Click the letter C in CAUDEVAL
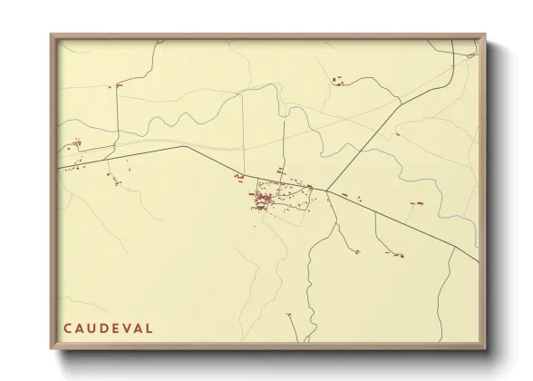[x=67, y=327]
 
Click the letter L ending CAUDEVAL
[x=150, y=327]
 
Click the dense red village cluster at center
[x=265, y=199]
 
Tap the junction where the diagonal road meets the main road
[x=327, y=190]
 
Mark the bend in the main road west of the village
[x=184, y=146]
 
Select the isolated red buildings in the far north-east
[x=337, y=81]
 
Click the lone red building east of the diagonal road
[x=397, y=134]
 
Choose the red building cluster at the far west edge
[x=76, y=142]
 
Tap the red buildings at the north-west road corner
[x=118, y=85]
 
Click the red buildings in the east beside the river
[x=417, y=204]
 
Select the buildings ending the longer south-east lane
[x=395, y=256]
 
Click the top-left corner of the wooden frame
[x=52, y=35]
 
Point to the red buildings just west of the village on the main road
[x=239, y=176]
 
